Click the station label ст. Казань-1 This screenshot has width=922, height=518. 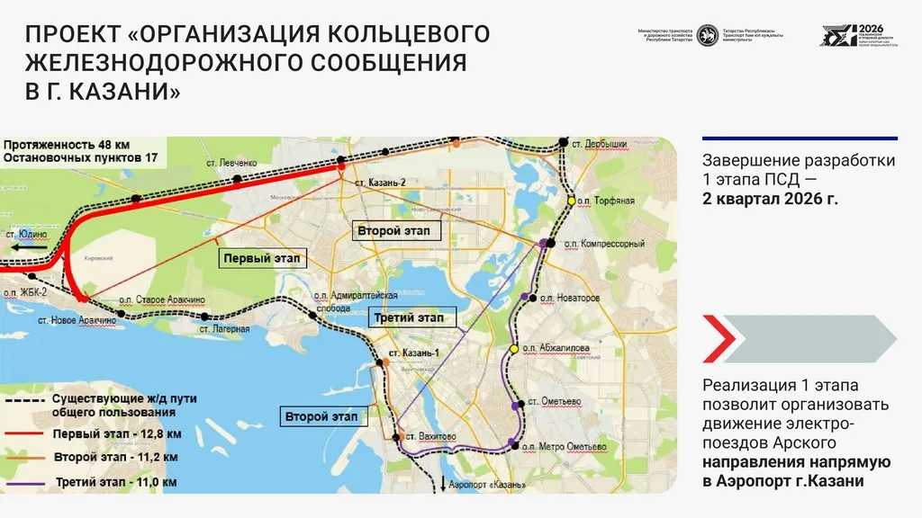point(413,353)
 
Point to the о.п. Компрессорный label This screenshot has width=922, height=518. point(604,244)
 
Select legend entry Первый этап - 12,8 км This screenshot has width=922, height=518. point(117,433)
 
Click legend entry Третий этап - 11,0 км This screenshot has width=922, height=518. point(116,483)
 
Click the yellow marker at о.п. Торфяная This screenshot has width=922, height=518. point(570,200)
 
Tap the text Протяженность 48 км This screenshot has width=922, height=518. point(66,144)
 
